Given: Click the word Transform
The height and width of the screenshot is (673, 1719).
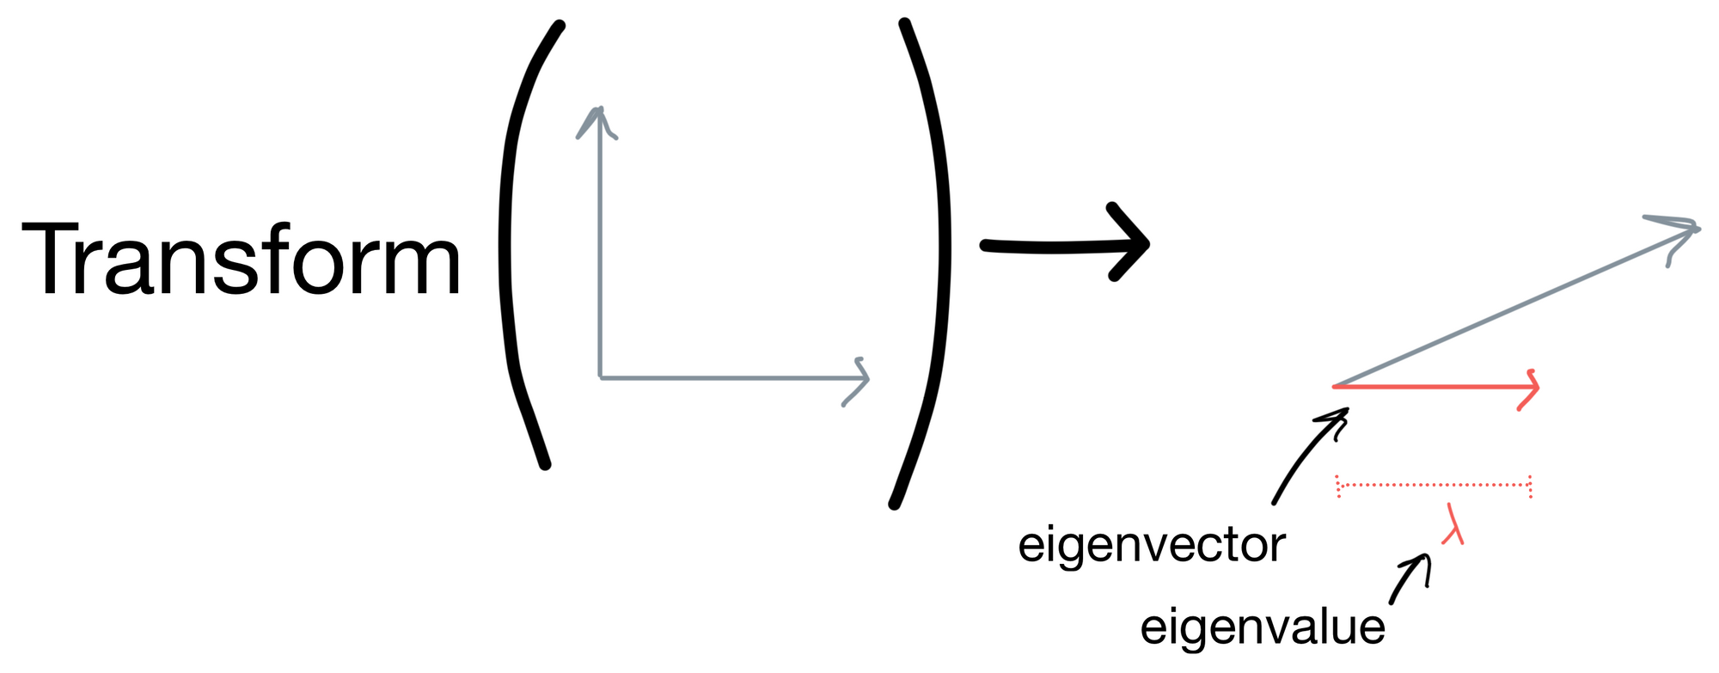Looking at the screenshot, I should click(x=241, y=260).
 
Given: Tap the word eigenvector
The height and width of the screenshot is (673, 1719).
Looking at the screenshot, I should click(x=1151, y=545).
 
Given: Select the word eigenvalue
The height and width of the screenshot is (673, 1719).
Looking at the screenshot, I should click(x=1262, y=627).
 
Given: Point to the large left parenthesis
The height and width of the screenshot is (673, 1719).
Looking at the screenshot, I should click(x=516, y=245).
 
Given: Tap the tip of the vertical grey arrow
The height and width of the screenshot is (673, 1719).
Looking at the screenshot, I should click(x=599, y=110).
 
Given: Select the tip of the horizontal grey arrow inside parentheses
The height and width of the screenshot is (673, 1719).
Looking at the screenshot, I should click(x=867, y=378).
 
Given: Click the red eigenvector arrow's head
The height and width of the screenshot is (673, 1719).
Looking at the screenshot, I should click(x=1535, y=388).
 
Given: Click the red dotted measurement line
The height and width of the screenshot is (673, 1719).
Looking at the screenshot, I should click(x=1434, y=486).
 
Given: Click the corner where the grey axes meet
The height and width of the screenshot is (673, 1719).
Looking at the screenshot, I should click(x=600, y=377).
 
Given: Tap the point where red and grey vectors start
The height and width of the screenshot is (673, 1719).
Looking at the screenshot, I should click(x=1335, y=387).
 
